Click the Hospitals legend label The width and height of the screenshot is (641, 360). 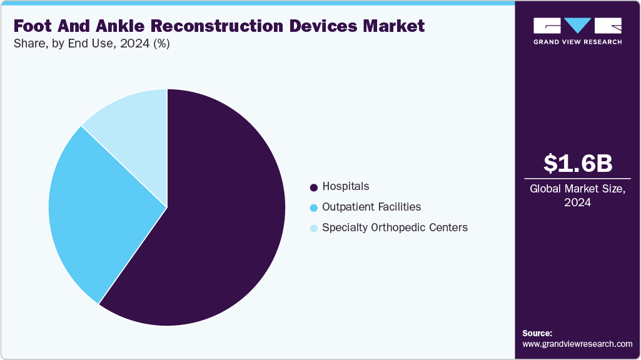coord(345,186)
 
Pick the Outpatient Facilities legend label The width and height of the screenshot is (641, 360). coord(371,207)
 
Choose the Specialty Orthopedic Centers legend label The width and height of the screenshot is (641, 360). coord(395,227)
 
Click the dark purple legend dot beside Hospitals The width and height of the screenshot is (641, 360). coord(313,187)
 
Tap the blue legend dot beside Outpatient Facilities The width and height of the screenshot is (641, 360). coord(313,207)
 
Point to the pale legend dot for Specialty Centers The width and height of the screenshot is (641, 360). coord(313,228)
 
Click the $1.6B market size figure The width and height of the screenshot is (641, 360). coord(577,163)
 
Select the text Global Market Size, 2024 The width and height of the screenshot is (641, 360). coord(577,195)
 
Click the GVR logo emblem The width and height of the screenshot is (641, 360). coord(577,26)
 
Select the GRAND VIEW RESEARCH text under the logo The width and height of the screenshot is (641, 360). coord(577,42)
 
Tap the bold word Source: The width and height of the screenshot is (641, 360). coord(537,333)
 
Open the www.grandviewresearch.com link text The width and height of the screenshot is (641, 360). coord(577,344)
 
